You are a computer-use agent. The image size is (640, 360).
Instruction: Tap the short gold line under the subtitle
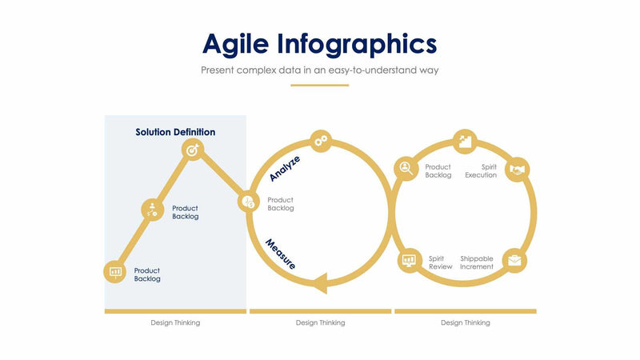pyautogui.click(x=319, y=85)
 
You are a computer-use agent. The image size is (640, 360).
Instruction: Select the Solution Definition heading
pyautogui.click(x=175, y=132)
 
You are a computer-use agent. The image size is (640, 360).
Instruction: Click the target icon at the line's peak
pyautogui.click(x=192, y=150)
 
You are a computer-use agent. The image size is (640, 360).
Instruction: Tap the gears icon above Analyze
pyautogui.click(x=321, y=141)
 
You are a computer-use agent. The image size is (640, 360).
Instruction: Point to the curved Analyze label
pyautogui.click(x=285, y=169)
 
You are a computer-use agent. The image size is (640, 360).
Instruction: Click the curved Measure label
pyautogui.click(x=281, y=254)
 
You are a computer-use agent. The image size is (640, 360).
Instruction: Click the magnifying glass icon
pyautogui.click(x=406, y=168)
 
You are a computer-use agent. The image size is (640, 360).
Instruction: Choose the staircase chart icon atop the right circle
pyautogui.click(x=465, y=142)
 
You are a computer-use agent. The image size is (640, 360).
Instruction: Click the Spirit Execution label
pyautogui.click(x=481, y=171)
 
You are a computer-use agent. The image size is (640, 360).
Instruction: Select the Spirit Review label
pyautogui.click(x=440, y=262)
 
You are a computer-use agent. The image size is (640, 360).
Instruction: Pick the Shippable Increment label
pyautogui.click(x=477, y=262)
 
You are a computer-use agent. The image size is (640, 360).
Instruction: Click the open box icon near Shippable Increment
pyautogui.click(x=514, y=261)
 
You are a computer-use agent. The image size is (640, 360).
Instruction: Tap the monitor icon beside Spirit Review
pyautogui.click(x=410, y=260)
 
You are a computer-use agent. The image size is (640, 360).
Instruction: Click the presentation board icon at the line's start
pyautogui.click(x=116, y=272)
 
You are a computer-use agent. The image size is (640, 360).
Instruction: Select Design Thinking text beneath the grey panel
pyautogui.click(x=175, y=323)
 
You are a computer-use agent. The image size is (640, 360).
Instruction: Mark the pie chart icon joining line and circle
pyautogui.click(x=247, y=202)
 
